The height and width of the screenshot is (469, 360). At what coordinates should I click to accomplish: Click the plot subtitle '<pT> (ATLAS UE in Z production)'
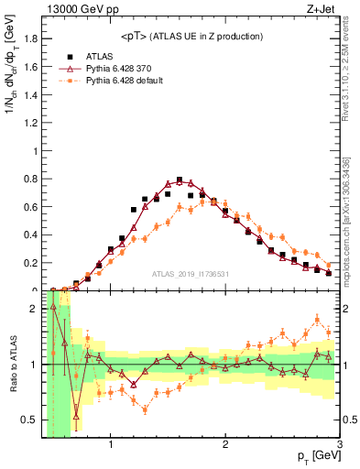pos(191,36)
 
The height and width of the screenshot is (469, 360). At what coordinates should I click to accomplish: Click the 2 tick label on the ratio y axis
pos(32,308)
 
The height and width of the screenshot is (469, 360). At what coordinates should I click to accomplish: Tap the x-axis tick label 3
pos(339,446)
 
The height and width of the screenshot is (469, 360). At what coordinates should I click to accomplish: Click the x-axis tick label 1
pos(111,446)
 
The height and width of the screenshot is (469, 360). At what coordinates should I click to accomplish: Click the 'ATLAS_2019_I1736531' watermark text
pos(191,274)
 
